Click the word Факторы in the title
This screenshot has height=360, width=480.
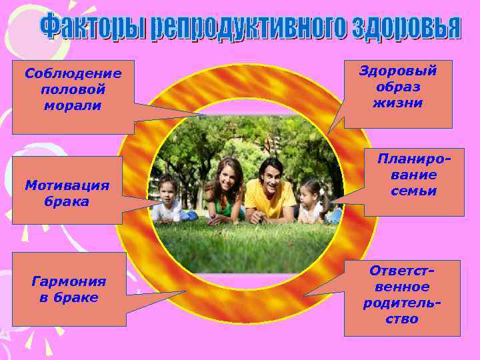tap(94, 27)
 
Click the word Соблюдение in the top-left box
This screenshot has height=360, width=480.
tap(73, 73)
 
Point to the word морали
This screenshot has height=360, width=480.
tap(73, 105)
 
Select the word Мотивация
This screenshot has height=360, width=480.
tap(67, 185)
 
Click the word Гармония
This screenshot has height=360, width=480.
tap(69, 281)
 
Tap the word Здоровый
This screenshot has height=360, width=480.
tap(398, 71)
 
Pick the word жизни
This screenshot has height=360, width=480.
tap(398, 103)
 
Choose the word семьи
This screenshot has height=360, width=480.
tap(414, 191)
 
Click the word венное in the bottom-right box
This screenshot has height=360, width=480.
tap(402, 287)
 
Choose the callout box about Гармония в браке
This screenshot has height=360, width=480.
tap(69, 289)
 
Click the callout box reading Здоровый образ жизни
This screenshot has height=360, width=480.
tap(398, 93)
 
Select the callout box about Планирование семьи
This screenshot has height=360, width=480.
tap(414, 181)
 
